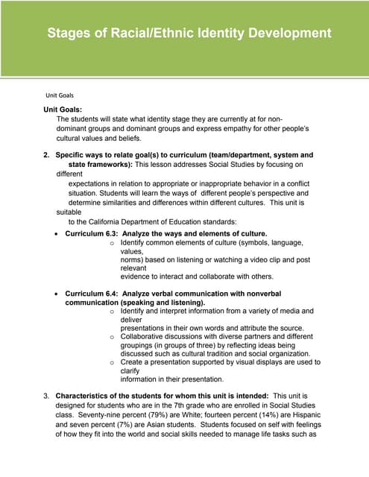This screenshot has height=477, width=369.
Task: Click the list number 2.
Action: point(46,155)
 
